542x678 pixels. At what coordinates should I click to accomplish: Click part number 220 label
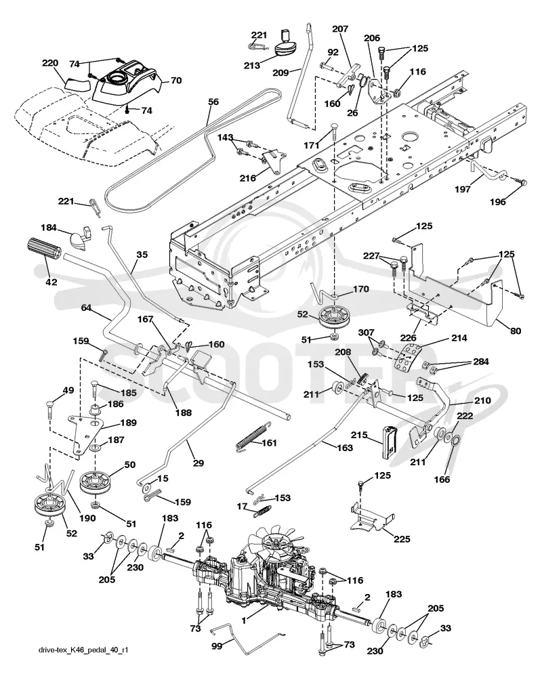click(x=50, y=63)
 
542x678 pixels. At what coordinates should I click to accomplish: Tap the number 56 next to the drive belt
click(x=213, y=102)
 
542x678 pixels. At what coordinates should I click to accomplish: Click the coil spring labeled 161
click(x=251, y=438)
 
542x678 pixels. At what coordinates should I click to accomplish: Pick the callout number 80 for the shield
click(x=515, y=331)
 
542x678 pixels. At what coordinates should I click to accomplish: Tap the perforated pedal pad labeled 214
click(x=409, y=358)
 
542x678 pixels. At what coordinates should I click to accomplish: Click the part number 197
click(x=463, y=189)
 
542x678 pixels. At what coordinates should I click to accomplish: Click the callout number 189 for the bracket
click(x=128, y=423)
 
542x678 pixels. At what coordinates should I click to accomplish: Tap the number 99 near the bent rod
click(x=217, y=646)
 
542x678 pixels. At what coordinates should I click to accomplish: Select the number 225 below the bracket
click(x=402, y=538)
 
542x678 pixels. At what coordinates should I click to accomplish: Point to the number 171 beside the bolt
click(x=312, y=145)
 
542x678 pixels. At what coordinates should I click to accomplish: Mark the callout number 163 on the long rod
click(x=345, y=448)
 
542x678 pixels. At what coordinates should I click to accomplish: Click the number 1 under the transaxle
click(x=244, y=620)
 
